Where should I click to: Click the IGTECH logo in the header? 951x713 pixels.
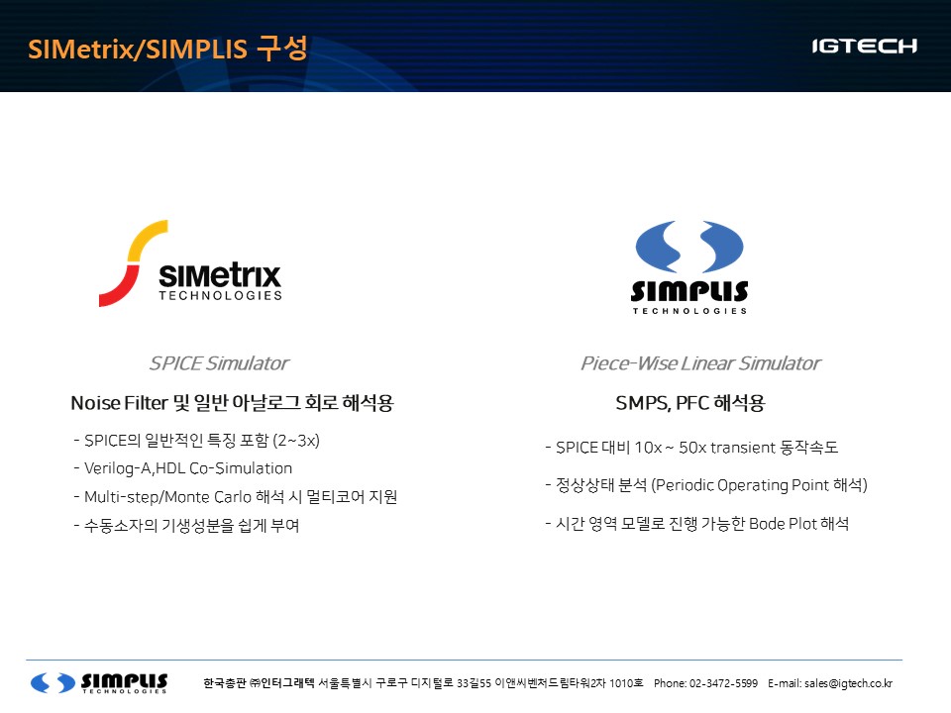point(864,47)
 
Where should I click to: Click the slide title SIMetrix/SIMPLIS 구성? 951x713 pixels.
point(167,49)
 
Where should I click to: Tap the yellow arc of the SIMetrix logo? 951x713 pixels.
point(146,238)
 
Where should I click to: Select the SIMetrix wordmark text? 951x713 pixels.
point(220,276)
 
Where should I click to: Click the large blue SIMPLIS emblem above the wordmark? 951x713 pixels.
point(689,247)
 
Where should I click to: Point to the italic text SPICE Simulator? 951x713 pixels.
point(219,363)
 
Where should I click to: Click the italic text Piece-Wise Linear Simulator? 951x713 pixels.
point(700,363)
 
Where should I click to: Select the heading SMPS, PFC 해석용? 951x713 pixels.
point(690,403)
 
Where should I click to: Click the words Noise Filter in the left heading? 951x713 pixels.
point(119,403)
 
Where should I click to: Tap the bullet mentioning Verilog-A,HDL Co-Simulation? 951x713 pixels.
point(182,468)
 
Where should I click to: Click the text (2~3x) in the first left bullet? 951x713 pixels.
point(296,440)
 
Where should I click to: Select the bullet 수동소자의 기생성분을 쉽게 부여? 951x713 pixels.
point(187,525)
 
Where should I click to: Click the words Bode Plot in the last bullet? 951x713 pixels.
point(783,523)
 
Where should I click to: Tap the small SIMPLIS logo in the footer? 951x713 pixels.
point(99,682)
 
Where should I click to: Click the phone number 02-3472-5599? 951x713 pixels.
point(723,683)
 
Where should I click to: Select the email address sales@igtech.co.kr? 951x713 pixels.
point(848,683)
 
